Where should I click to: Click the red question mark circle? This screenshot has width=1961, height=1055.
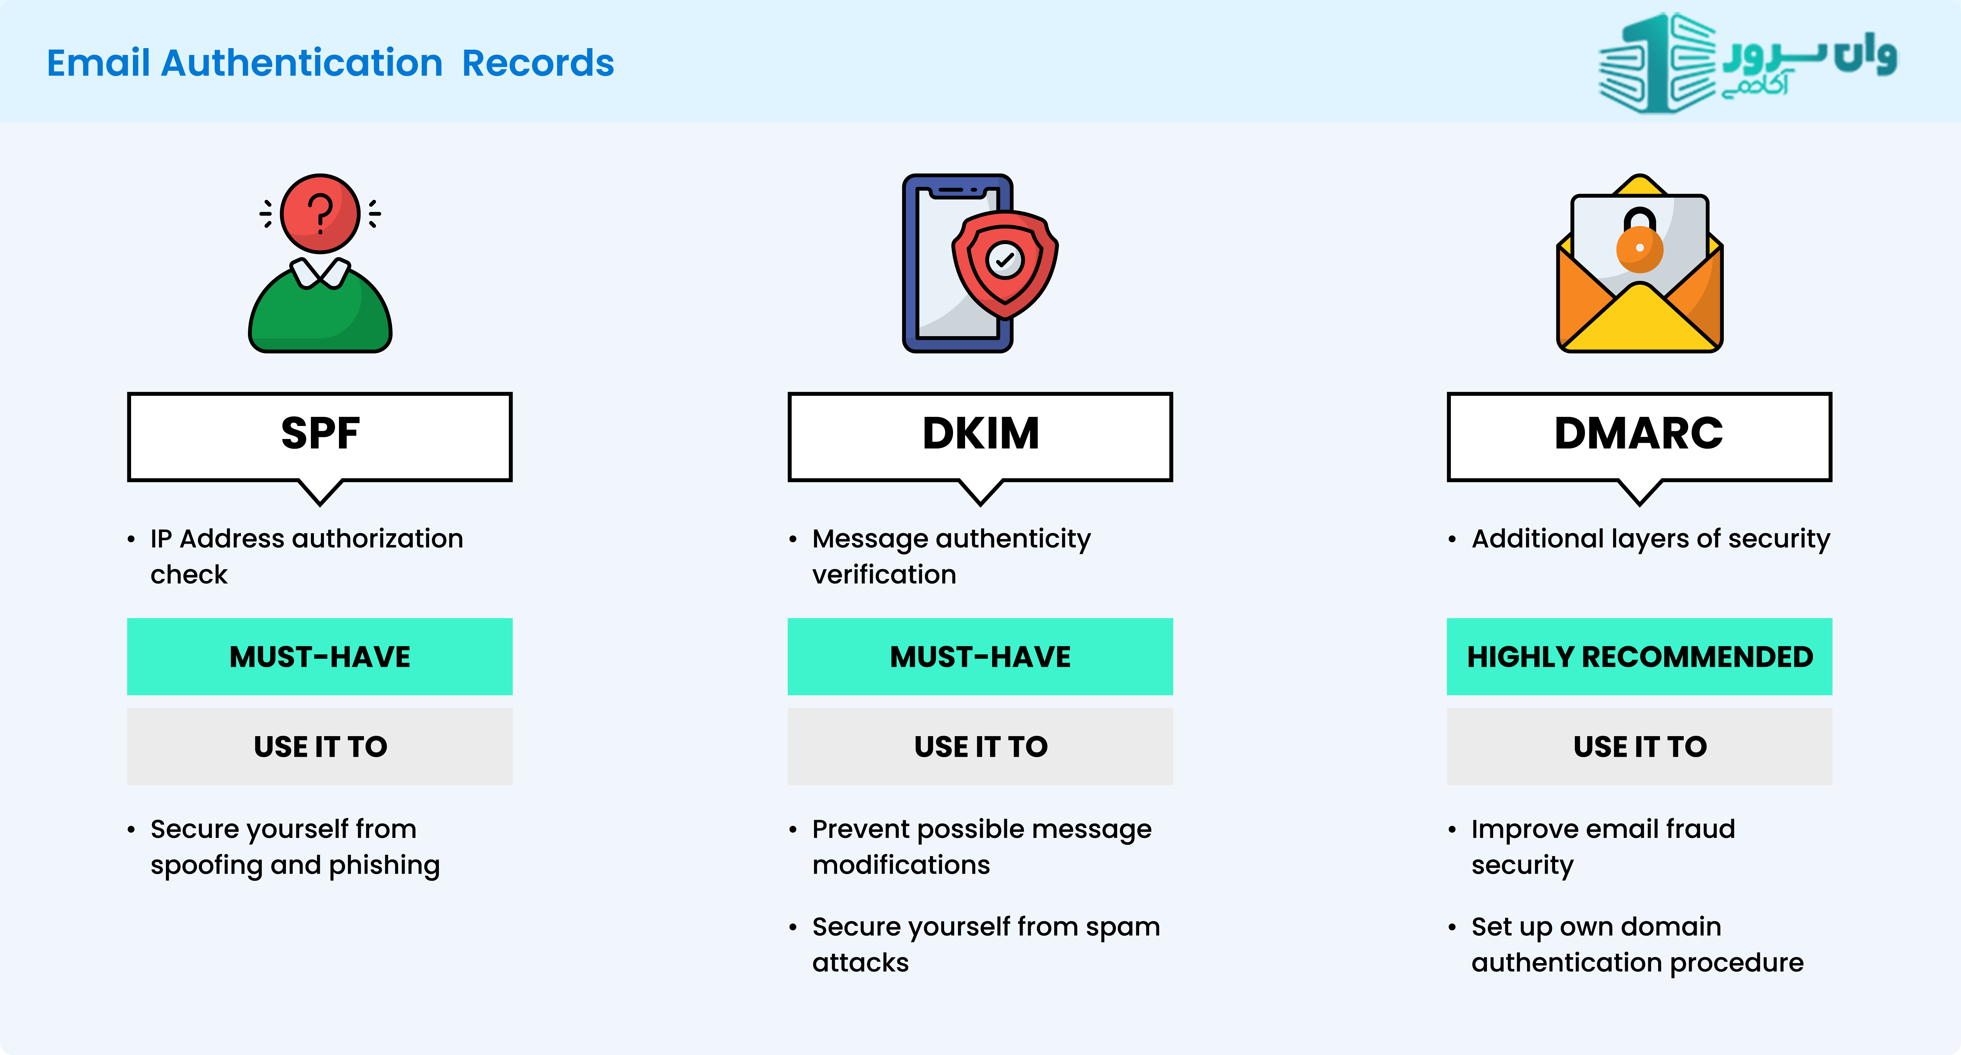320,213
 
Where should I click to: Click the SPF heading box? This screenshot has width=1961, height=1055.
320,437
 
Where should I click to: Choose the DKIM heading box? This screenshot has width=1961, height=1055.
980,437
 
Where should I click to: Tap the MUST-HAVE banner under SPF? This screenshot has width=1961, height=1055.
320,656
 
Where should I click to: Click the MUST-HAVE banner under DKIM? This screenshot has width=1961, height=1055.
980,656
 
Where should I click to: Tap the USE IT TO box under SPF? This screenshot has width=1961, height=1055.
320,746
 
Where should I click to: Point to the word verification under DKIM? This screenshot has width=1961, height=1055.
884,574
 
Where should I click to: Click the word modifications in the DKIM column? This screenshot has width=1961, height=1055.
901,865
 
